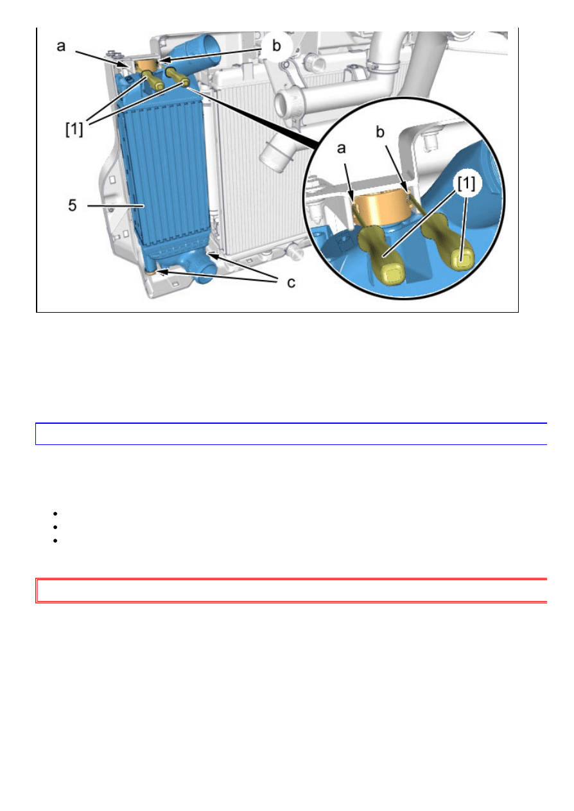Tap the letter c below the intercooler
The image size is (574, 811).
tap(291, 283)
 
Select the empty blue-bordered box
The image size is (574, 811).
tap(290, 434)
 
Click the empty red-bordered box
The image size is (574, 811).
tap(290, 591)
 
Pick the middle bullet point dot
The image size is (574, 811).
tap(57, 526)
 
